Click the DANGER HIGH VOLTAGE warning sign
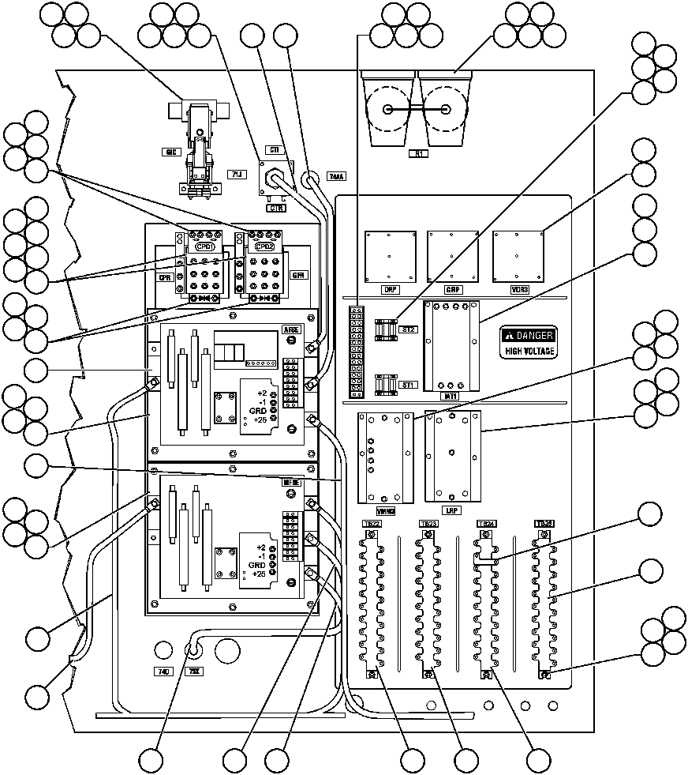529,342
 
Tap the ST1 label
408,385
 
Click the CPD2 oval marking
264,246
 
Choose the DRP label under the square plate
390,290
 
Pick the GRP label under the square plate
453,290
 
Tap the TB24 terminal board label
486,524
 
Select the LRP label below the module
452,510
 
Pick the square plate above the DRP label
390,255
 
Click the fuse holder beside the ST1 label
386,385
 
